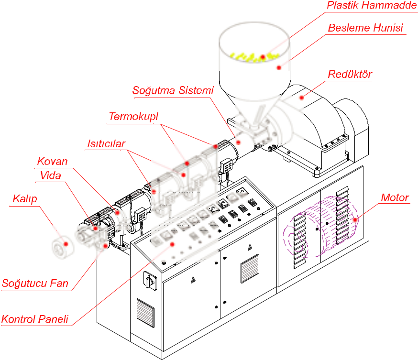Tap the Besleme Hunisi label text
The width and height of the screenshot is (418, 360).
click(x=365, y=28)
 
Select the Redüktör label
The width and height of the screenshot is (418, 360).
click(x=350, y=75)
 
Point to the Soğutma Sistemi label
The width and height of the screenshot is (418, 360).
click(x=173, y=90)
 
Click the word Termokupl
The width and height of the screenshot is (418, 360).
click(x=133, y=117)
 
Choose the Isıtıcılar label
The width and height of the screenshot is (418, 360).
click(x=106, y=144)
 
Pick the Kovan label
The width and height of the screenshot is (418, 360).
click(x=53, y=162)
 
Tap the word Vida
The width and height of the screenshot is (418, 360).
click(x=51, y=175)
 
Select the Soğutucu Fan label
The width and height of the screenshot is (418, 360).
click(x=35, y=283)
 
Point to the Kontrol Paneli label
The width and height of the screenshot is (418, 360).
click(x=35, y=319)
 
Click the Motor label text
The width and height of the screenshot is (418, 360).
click(x=395, y=197)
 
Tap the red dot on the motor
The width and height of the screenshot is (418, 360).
click(x=355, y=220)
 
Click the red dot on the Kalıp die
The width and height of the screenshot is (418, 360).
click(x=66, y=244)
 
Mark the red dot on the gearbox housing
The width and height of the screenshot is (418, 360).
click(x=302, y=98)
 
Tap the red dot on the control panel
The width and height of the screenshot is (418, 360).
click(x=173, y=244)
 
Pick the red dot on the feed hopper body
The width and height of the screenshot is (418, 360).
click(x=279, y=68)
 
